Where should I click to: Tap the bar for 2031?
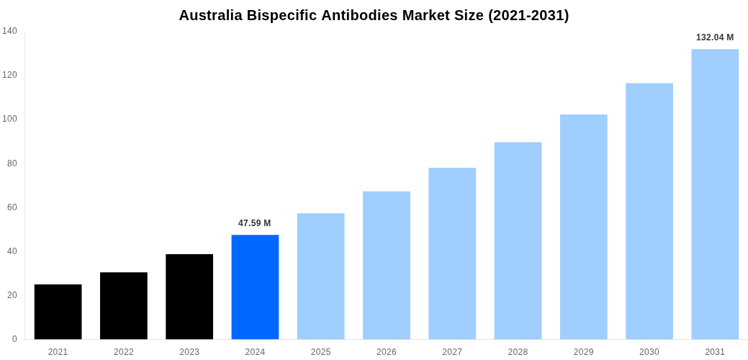(x=715, y=194)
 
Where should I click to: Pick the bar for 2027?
(x=452, y=253)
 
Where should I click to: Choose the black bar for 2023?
(x=189, y=297)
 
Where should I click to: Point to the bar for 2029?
(x=583, y=227)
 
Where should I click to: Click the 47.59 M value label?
(x=255, y=223)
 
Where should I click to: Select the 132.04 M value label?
(x=715, y=37)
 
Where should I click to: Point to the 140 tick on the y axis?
(x=9, y=31)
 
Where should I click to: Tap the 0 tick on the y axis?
(x=14, y=339)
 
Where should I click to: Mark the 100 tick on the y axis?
(x=9, y=119)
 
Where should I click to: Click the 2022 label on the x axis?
(x=124, y=352)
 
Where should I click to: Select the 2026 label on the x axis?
(x=387, y=352)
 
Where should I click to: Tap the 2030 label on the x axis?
(x=649, y=352)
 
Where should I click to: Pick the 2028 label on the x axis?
(x=518, y=352)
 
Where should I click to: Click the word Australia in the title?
(x=212, y=15)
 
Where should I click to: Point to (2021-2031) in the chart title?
(x=528, y=15)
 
